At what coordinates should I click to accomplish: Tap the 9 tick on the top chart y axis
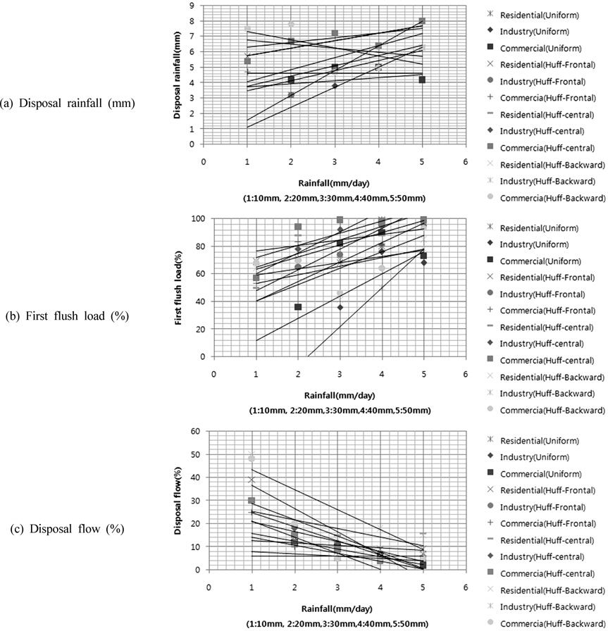192,5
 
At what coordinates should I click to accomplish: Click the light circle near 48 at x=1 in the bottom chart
252,458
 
